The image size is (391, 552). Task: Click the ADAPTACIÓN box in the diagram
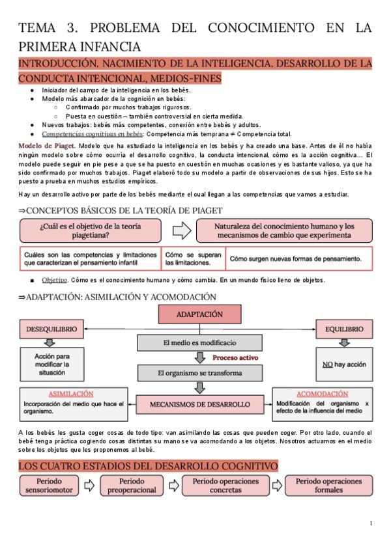pyautogui.click(x=199, y=315)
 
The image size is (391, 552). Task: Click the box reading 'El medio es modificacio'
pyautogui.click(x=199, y=343)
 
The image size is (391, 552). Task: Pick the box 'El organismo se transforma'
pyautogui.click(x=199, y=373)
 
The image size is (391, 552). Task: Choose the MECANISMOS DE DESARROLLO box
pyautogui.click(x=199, y=404)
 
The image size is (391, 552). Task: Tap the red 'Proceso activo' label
pyautogui.click(x=235, y=358)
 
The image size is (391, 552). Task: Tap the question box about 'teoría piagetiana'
pyautogui.click(x=91, y=230)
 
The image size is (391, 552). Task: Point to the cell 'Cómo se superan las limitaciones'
pyautogui.click(x=193, y=258)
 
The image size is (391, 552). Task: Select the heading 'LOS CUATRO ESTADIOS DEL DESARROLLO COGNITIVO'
pyautogui.click(x=148, y=466)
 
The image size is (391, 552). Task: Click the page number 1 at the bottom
pyautogui.click(x=370, y=523)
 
